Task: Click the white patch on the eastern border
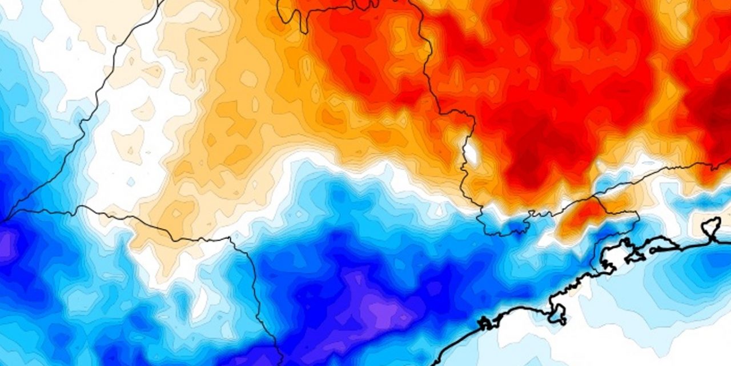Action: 471,152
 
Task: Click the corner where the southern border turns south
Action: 231,239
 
